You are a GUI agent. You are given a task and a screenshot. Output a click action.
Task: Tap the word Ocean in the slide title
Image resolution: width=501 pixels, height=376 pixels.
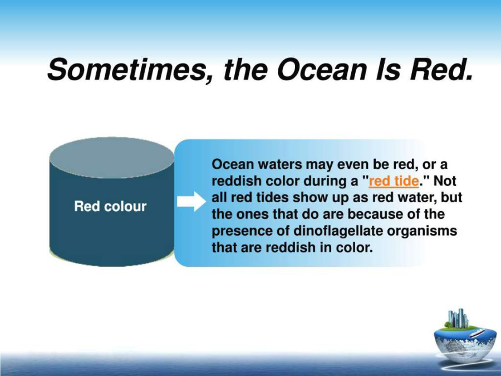[x=321, y=70]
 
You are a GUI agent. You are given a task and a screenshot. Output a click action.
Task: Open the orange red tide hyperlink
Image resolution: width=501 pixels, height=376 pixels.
[x=394, y=181]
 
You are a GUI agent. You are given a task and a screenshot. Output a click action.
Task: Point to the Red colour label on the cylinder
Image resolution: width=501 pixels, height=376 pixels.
[x=110, y=206]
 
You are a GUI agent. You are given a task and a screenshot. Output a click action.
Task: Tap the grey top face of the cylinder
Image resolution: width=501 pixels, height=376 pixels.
[x=112, y=158]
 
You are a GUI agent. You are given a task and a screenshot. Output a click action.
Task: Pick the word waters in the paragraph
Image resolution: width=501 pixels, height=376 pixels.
[x=279, y=164]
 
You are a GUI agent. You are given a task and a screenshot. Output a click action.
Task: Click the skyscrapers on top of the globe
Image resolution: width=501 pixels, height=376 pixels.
[x=458, y=319]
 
